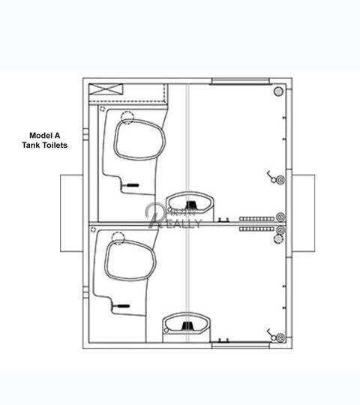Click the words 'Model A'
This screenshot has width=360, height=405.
point(44,136)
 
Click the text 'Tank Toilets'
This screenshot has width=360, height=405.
point(44,145)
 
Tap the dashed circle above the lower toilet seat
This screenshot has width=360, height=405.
point(118,238)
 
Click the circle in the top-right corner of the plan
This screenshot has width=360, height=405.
point(278,91)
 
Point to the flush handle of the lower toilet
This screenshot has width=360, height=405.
point(120,306)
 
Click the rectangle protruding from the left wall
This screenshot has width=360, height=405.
point(71,212)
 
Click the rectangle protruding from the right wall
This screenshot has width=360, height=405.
point(304,212)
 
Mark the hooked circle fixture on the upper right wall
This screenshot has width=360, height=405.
point(277,180)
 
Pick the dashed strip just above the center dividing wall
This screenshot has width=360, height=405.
point(256,217)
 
